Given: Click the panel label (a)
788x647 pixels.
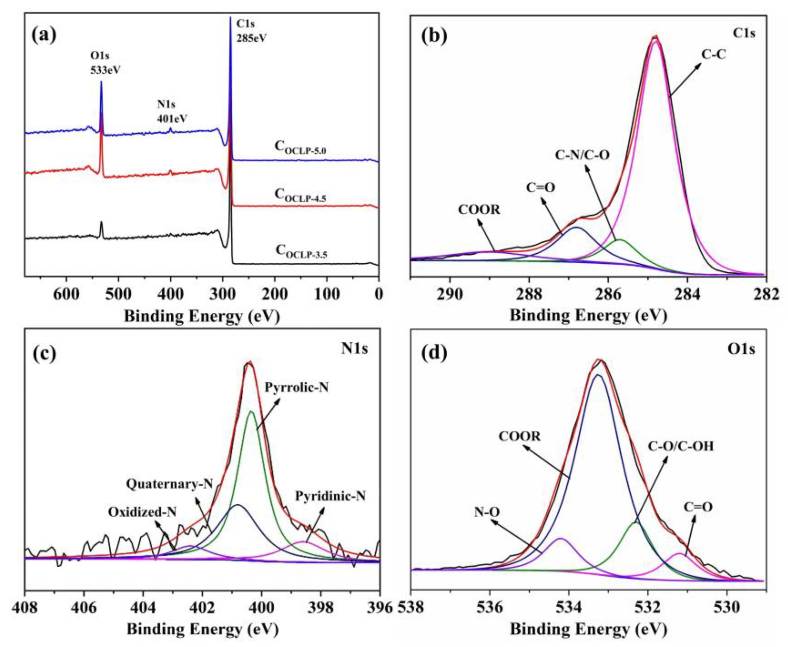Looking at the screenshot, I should tap(44, 36).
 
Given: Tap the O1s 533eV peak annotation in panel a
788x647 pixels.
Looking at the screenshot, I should tap(106, 63).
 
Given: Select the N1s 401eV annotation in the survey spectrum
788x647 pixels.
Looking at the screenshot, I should tap(172, 112).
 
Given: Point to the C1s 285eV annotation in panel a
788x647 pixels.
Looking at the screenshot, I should tap(251, 31).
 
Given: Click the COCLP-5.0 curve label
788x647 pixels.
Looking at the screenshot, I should tap(300, 147).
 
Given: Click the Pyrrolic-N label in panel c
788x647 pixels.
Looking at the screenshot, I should tap(297, 388).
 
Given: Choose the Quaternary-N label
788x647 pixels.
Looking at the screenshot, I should tap(169, 484).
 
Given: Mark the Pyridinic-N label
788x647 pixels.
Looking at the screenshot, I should tap(330, 496).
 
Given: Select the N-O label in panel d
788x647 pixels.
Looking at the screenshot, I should tap(487, 512).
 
